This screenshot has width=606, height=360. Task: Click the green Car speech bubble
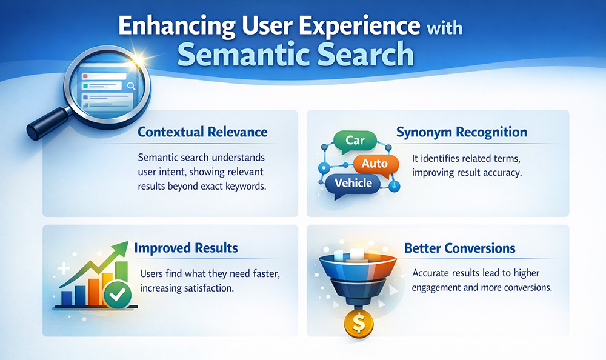(355, 141)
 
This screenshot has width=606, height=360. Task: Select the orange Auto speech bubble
(374, 164)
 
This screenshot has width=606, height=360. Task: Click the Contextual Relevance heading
(202, 132)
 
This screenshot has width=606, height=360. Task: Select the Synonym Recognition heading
(461, 132)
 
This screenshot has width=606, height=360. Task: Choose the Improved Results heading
(185, 248)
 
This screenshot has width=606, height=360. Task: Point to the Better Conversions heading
(459, 248)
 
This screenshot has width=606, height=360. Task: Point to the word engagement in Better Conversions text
(439, 287)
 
